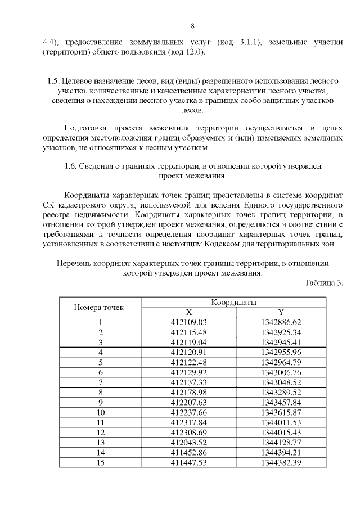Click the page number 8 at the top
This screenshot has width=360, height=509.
pyautogui.click(x=192, y=26)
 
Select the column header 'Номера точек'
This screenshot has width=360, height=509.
pyautogui.click(x=99, y=308)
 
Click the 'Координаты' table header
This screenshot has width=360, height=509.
pyautogui.click(x=233, y=302)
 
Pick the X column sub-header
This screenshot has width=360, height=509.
pyautogui.click(x=188, y=312)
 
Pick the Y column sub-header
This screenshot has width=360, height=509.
pyautogui.click(x=281, y=312)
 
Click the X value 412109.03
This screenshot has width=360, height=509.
pyautogui.click(x=188, y=322)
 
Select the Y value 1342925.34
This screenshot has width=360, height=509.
pyautogui.click(x=281, y=332)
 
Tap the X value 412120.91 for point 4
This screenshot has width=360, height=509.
pyautogui.click(x=188, y=352)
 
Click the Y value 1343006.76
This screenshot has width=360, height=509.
pyautogui.click(x=281, y=372)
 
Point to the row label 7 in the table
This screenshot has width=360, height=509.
pyautogui.click(x=101, y=382)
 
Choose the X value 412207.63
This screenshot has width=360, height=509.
pyautogui.click(x=188, y=402)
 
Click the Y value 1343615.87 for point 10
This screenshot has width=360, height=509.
pyautogui.click(x=281, y=412)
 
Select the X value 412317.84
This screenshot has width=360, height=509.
pyautogui.click(x=188, y=422)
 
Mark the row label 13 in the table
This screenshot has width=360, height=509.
pyautogui.click(x=101, y=442)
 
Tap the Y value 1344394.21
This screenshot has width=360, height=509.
pyautogui.click(x=281, y=452)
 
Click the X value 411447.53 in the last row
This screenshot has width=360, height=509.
pyautogui.click(x=188, y=462)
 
